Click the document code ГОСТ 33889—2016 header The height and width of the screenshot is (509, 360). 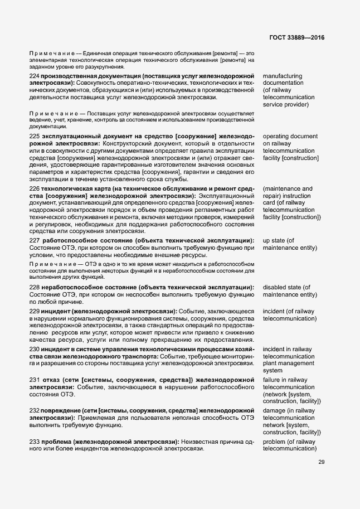(296, 37)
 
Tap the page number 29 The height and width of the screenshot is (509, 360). (322, 462)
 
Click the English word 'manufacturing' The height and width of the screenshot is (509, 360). (282, 76)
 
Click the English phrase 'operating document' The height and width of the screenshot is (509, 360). (290, 136)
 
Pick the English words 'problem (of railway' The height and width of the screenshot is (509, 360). (289, 442)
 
